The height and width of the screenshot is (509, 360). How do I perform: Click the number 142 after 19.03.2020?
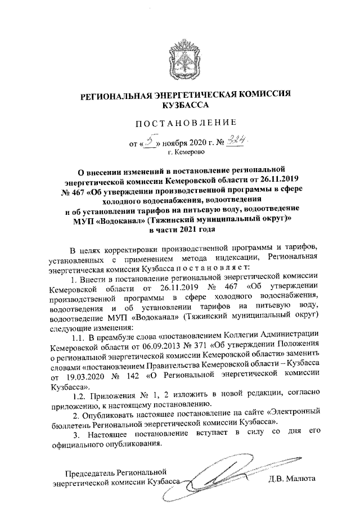coord(132,372)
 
